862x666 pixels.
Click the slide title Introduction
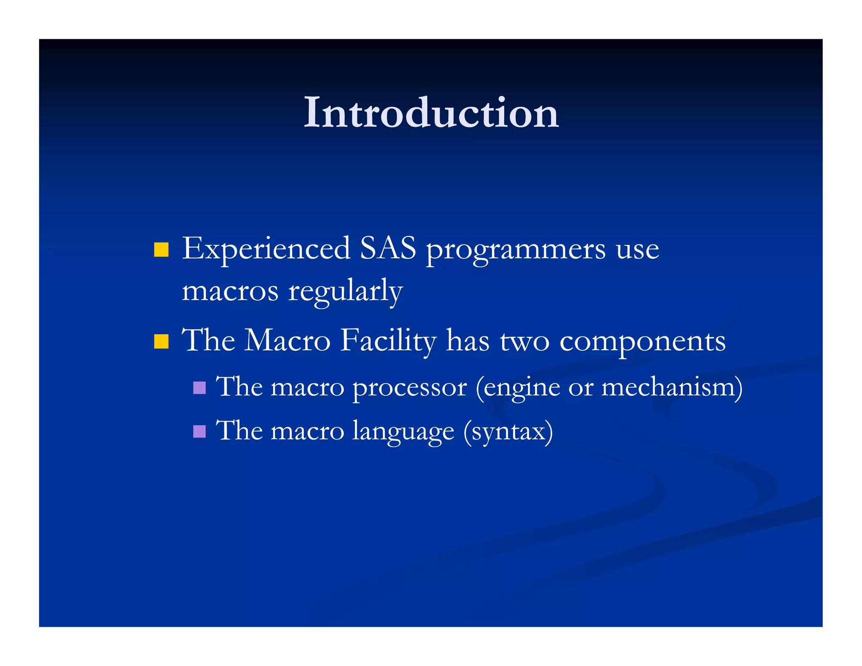[431, 112]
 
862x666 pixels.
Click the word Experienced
[266, 249]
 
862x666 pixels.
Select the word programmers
[516, 251]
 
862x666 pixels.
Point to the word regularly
[345, 292]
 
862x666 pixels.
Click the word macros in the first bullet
[230, 291]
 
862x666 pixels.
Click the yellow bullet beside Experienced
[161, 249]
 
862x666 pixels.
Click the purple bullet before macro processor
[200, 387]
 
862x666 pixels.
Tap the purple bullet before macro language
[200, 431]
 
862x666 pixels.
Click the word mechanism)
[672, 387]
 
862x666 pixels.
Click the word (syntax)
[508, 432]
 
